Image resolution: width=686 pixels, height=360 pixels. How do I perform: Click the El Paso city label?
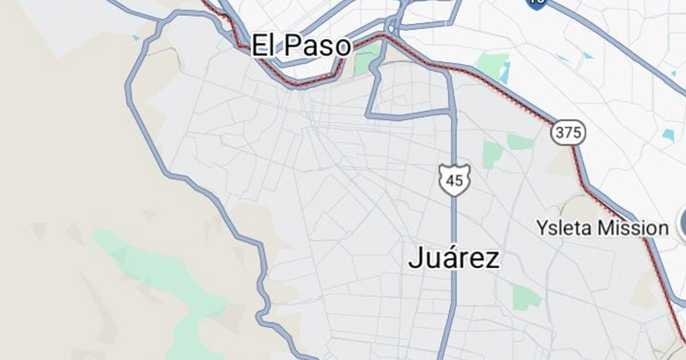(301, 45)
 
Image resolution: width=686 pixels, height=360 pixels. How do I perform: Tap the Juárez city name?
(454, 258)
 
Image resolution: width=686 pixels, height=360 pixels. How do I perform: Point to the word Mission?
(633, 228)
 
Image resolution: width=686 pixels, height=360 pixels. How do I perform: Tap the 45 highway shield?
(454, 181)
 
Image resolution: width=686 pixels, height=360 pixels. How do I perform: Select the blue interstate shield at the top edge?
(537, 3)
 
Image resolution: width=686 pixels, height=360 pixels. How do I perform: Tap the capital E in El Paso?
(259, 45)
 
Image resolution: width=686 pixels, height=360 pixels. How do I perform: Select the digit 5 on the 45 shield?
(458, 181)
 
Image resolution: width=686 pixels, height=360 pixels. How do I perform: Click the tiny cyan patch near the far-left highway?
(135, 38)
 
